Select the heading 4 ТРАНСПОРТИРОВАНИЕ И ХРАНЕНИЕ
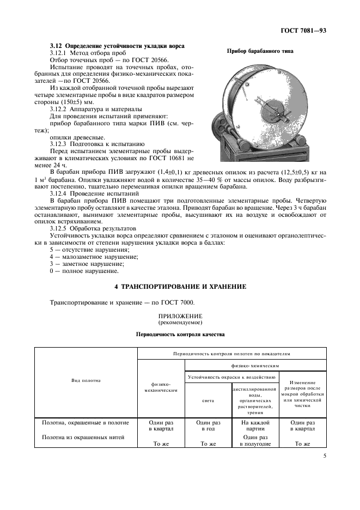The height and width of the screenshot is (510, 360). point(180,286)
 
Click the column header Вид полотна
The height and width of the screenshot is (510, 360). point(86,380)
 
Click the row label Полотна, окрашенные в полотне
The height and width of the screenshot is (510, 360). point(86,422)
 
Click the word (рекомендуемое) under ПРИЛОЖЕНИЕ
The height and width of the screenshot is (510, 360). point(180,322)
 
